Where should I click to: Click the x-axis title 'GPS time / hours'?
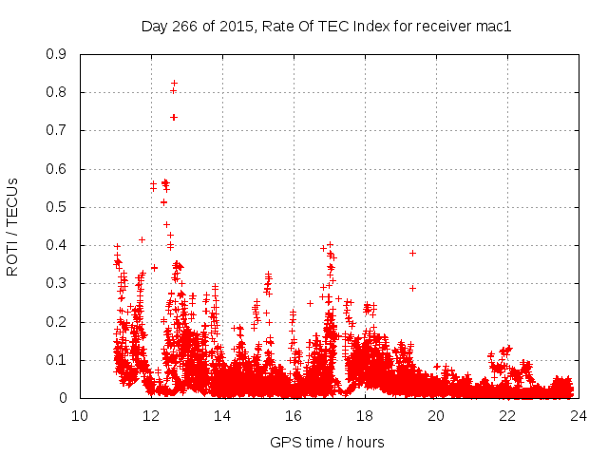pos(328,442)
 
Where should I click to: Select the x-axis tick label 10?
pos(80,415)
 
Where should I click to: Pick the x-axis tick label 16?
pos(294,415)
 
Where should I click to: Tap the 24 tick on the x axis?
pos(579,415)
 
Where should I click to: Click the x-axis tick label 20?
pos(436,415)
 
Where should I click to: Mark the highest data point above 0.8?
pos(174,84)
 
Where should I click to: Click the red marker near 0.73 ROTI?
pos(174,117)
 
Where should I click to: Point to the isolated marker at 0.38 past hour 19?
pos(412,253)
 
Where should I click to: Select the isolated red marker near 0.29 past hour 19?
pos(412,288)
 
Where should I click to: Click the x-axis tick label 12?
pos(151,415)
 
